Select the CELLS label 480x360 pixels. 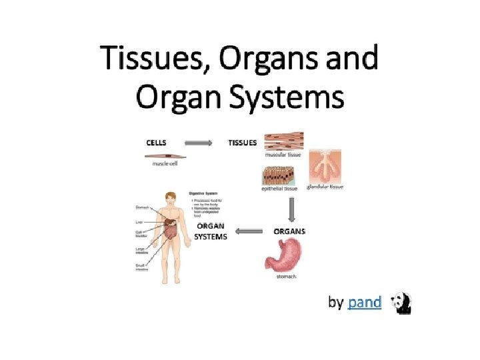[x=157, y=142]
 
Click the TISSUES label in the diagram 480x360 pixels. [x=243, y=142]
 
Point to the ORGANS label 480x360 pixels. [x=290, y=231]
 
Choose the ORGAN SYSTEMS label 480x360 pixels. [x=211, y=231]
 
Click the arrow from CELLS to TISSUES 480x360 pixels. [x=198, y=142]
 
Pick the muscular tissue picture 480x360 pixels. [x=284, y=141]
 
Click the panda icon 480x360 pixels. [x=402, y=303]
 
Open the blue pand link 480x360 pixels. [x=365, y=303]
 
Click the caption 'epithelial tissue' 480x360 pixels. [x=279, y=189]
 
